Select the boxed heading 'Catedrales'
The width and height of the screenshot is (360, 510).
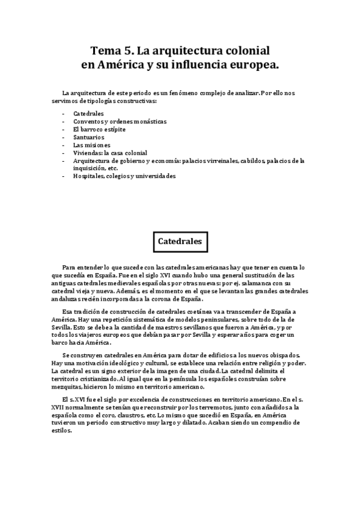coord(179,241)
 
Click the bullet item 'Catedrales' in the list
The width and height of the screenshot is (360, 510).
coord(88,113)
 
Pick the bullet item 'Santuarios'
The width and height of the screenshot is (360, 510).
coord(88,137)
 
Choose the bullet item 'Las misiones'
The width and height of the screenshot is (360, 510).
coord(91,145)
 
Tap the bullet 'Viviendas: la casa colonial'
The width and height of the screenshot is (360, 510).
coord(110,153)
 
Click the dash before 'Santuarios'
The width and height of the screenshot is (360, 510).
coord(64,137)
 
